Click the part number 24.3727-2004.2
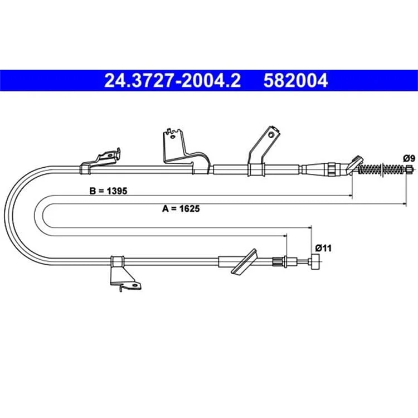point(172,80)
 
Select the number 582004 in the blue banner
point(295,80)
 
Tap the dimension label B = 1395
point(108,191)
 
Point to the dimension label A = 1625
point(181,208)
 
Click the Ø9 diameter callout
point(409,159)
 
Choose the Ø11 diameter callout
point(323,248)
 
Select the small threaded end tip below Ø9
point(409,169)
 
